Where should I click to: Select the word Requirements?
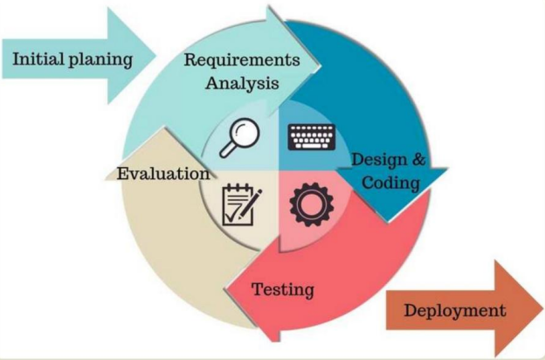click(x=241, y=60)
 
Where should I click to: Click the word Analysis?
click(x=241, y=84)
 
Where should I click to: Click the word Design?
click(x=376, y=160)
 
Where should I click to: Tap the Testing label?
click(x=282, y=287)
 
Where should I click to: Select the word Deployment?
click(x=454, y=310)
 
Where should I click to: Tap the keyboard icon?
click(x=311, y=138)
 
